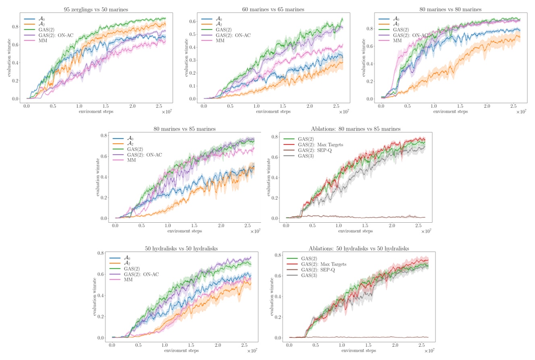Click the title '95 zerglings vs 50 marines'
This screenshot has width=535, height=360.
pos(96,9)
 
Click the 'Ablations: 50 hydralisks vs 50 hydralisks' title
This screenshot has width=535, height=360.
pos(352,248)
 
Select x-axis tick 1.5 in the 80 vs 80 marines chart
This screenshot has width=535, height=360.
pos(460,106)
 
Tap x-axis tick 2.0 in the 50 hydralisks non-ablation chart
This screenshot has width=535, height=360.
pos(218,346)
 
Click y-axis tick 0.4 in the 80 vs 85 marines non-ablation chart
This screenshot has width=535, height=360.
pos(103,177)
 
